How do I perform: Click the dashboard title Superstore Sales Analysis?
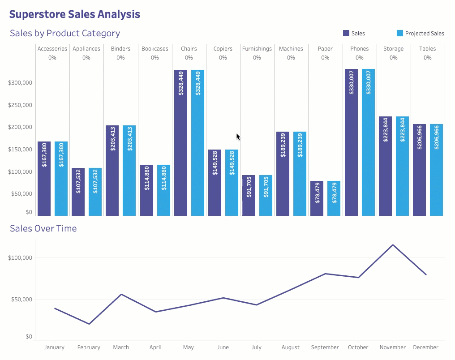tap(74, 14)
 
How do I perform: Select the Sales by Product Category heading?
tap(65, 33)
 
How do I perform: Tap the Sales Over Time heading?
tap(43, 228)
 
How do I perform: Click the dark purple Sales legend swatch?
tap(346, 33)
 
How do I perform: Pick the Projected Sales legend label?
tap(425, 34)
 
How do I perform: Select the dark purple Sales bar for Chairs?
tap(180, 143)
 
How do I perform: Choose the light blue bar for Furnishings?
tap(266, 196)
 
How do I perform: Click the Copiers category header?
tap(223, 49)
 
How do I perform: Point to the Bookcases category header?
tap(155, 49)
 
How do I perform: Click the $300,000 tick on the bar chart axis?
tap(21, 83)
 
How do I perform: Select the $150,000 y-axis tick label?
tap(21, 150)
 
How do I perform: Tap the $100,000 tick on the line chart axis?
tap(21, 258)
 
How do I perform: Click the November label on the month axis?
tap(392, 347)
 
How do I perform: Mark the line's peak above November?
tap(393, 245)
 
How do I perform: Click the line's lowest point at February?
tap(90, 324)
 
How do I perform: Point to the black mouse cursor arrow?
tap(238, 137)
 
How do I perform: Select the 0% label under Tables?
tap(427, 58)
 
